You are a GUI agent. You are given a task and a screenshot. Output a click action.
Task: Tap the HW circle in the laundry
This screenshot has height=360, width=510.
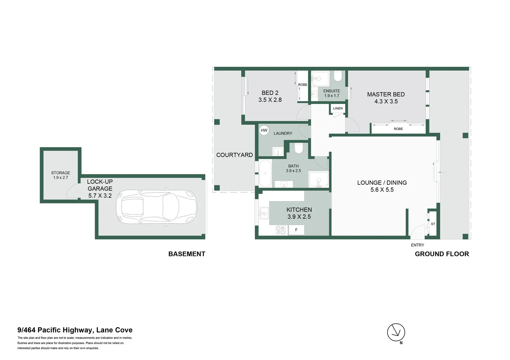pos(264,130)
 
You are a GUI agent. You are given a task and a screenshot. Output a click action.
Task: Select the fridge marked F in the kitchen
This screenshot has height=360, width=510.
pos(296,230)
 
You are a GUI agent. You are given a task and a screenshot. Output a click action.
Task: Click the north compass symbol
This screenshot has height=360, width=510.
pos(396,332)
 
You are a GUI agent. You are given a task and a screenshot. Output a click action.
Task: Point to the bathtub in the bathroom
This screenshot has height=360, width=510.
pos(266,173)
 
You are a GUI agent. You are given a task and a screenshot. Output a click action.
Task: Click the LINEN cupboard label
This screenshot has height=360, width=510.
pos(338,108)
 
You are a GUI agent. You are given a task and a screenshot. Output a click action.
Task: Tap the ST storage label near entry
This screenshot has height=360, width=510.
pos(433,224)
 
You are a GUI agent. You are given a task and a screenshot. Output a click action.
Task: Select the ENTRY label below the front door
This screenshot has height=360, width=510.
pos(417,245)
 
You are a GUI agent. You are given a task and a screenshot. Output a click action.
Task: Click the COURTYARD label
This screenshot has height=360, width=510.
pos(234,155)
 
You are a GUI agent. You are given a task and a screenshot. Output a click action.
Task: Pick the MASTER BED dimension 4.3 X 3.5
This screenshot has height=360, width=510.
pos(386,101)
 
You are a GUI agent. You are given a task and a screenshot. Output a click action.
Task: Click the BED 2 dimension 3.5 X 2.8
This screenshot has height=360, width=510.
pos(270,100)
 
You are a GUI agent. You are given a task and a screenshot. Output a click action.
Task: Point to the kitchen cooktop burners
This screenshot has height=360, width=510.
pos(281,230)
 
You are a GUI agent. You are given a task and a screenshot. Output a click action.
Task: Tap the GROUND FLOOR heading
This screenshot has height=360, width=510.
pos(442,254)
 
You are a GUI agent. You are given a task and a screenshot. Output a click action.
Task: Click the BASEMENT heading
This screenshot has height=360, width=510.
pos(187,254)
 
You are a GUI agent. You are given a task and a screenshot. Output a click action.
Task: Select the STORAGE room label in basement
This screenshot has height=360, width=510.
pos(61,173)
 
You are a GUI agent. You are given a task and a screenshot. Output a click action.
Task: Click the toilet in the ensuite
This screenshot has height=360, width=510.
pos(338,76)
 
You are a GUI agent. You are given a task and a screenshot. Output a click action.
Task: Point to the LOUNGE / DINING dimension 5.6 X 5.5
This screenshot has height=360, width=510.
pos(382,190)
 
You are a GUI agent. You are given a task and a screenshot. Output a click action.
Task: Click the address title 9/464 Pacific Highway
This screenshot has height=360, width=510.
pos(75,330)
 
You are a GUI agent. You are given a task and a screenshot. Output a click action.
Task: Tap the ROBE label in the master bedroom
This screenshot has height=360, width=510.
pos(398,129)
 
